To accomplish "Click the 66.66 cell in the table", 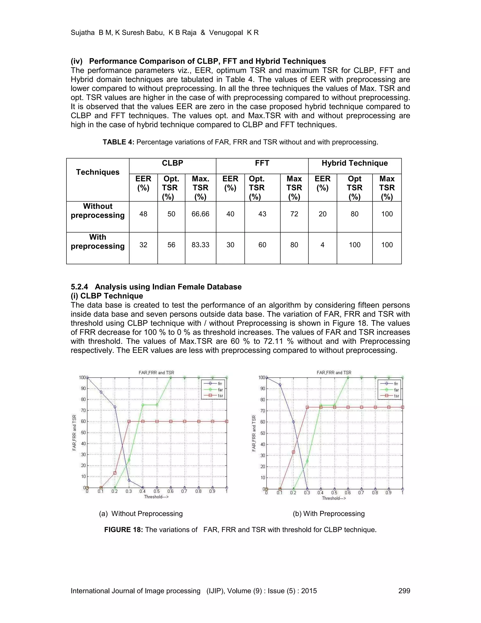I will coord(200,214).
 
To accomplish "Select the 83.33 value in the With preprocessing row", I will coord(200,245).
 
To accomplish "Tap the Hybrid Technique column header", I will coord(354,163).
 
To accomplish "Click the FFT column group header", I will coord(262,163).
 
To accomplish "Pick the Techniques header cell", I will coord(98,172).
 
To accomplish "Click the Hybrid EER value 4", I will coord(322,245).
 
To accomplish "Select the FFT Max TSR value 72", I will coord(294,214).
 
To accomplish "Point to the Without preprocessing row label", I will coord(98,211).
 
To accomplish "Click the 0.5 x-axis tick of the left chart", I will coord(156,492).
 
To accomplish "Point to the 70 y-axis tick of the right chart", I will coord(262,411).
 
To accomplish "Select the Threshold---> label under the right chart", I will coord(334,498).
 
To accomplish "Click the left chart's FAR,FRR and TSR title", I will coord(156,373).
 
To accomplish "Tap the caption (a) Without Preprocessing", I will coord(141,514).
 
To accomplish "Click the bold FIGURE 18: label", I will coord(123,530).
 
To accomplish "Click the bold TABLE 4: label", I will coord(118,142).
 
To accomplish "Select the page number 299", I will coord(404,591).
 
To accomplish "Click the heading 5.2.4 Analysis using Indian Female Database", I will coord(156,287).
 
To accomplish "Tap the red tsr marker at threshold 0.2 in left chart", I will coord(115,473).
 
